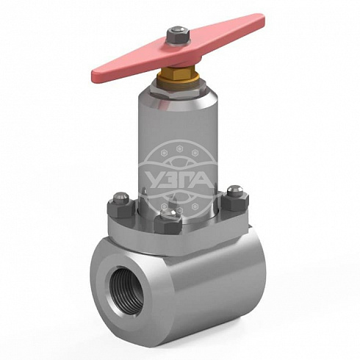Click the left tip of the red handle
coord(93,76)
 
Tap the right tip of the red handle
coord(264,20)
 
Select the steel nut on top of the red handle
coord(179,35)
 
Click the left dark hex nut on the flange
coord(120,208)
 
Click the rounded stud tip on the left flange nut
coord(120,196)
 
